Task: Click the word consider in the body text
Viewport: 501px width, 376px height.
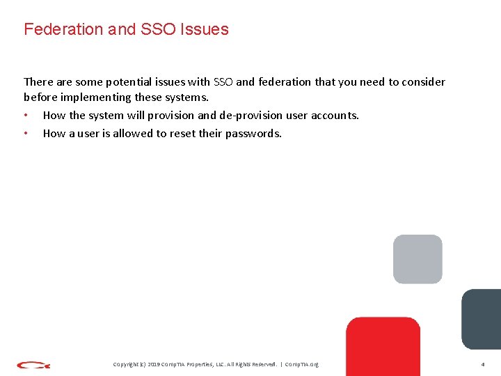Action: pyautogui.click(x=423, y=82)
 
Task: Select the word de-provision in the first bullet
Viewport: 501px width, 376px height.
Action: pyautogui.click(x=250, y=116)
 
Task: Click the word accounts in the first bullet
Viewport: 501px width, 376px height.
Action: pyautogui.click(x=335, y=116)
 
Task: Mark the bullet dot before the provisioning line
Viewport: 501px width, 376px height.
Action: pyautogui.click(x=26, y=116)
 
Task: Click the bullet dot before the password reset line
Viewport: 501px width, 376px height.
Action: pyautogui.click(x=26, y=133)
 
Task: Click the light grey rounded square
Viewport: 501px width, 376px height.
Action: pyautogui.click(x=417, y=259)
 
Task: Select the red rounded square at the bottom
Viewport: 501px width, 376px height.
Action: pyautogui.click(x=383, y=346)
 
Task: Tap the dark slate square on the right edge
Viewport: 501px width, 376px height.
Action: pyautogui.click(x=482, y=319)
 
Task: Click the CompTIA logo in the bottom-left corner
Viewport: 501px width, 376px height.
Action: pyautogui.click(x=33, y=364)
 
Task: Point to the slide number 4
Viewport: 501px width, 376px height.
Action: pyautogui.click(x=482, y=364)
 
